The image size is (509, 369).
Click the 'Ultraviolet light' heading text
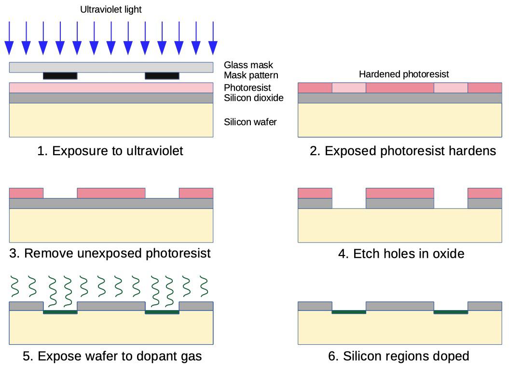pyautogui.click(x=111, y=10)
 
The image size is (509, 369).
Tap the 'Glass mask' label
pyautogui.click(x=248, y=65)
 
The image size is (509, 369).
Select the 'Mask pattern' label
pyautogui.click(x=251, y=76)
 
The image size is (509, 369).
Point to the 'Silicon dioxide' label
pyautogui.click(x=253, y=98)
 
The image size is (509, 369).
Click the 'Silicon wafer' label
pyautogui.click(x=250, y=122)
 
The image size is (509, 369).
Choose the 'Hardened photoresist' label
pyautogui.click(x=404, y=74)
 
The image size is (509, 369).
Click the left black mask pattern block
pyautogui.click(x=60, y=76)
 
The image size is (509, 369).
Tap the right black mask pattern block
pyautogui.click(x=162, y=76)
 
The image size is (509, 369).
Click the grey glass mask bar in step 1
pyautogui.click(x=111, y=67)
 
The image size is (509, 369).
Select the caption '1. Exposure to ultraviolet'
pyautogui.click(x=110, y=151)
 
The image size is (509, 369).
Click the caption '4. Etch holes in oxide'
pyautogui.click(x=401, y=254)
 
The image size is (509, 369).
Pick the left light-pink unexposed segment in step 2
pyautogui.click(x=349, y=88)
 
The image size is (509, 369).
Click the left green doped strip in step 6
pyautogui.click(x=349, y=312)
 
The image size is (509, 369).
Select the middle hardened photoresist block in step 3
pyautogui.click(x=111, y=193)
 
